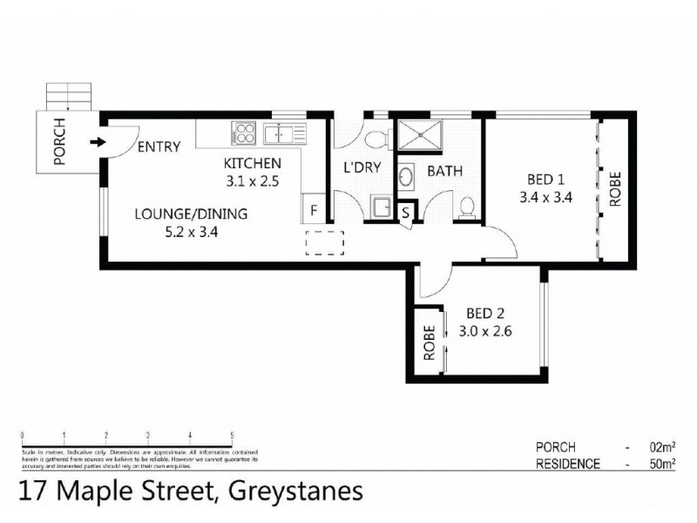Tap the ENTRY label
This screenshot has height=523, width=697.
click(x=159, y=146)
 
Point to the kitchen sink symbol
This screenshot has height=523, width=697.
click(x=284, y=134)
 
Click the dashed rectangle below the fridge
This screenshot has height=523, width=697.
click(x=325, y=242)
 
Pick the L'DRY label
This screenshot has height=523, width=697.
click(x=362, y=168)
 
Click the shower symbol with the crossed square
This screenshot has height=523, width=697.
click(x=421, y=136)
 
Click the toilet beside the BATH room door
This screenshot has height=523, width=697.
click(x=467, y=207)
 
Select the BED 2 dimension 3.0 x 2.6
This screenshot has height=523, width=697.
click(x=485, y=330)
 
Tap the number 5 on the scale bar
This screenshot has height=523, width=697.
click(x=232, y=435)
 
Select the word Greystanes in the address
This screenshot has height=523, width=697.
click(x=295, y=493)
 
